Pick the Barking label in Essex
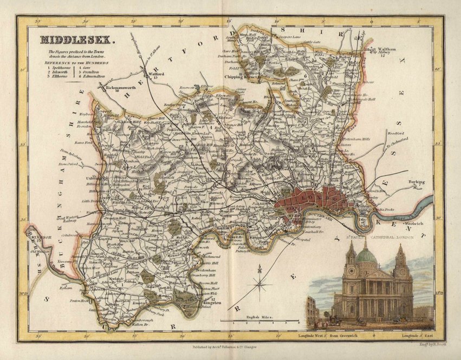pyautogui.click(x=417, y=182)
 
